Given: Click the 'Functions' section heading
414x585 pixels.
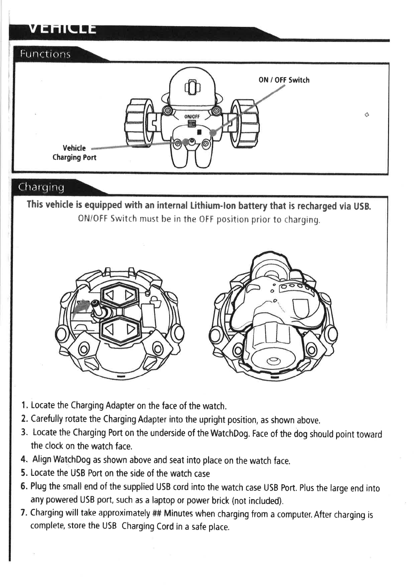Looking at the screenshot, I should [45, 54].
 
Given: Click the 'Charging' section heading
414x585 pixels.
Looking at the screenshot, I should [41, 188].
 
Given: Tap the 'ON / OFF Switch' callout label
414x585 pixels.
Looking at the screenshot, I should [284, 80].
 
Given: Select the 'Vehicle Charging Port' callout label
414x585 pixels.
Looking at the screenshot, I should [74, 153].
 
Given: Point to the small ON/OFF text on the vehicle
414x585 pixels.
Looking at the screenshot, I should [192, 116].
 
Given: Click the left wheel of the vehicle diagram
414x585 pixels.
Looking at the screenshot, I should [138, 121].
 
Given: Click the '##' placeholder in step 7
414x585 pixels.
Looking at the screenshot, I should [156, 513].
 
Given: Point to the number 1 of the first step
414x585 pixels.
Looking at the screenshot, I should [23, 405].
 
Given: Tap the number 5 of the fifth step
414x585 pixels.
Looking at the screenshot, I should [23, 473].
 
